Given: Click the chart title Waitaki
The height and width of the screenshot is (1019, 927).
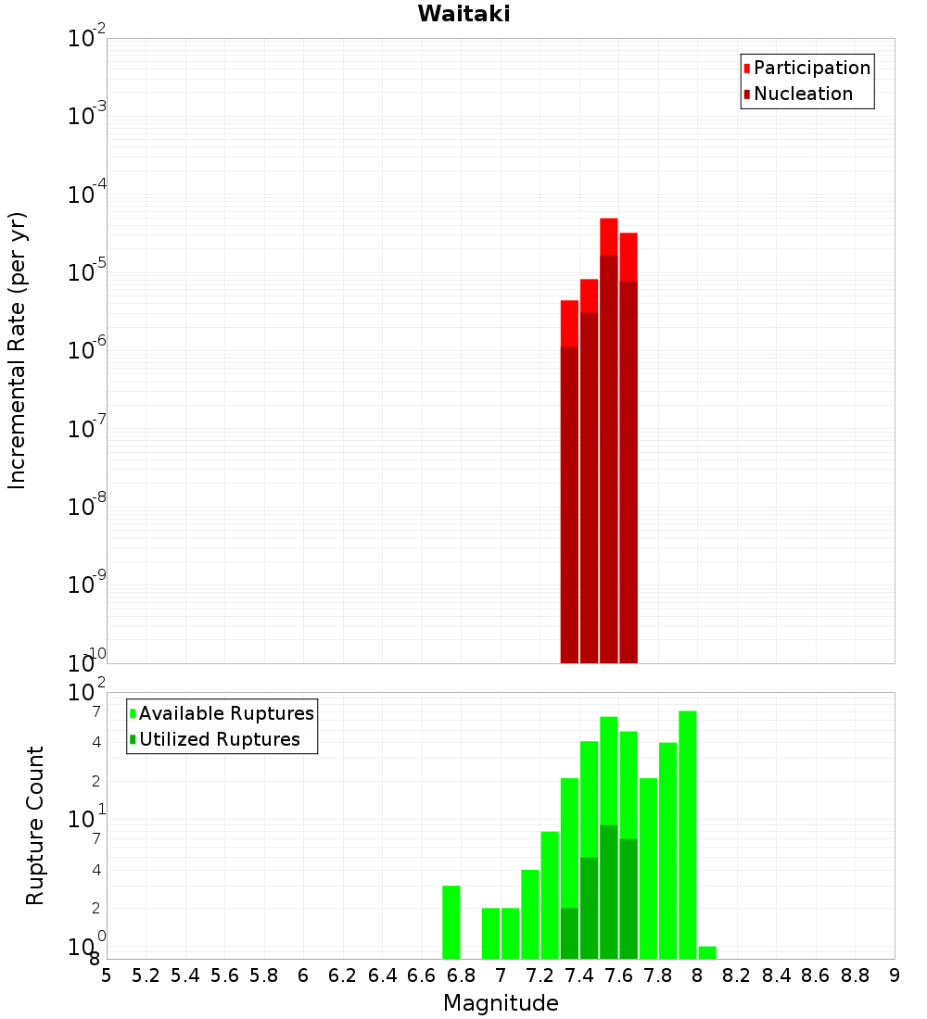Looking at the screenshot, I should [x=463, y=14].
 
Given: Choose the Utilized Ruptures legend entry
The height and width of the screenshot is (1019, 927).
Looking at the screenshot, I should [x=218, y=739].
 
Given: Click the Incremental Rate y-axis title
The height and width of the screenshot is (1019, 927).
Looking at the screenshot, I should [x=18, y=350].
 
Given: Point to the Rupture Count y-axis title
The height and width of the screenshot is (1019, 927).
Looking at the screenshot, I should [x=35, y=824].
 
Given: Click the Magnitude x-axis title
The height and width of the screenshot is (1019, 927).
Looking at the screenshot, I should [x=501, y=1003].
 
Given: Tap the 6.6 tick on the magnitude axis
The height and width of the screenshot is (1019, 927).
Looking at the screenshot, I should [x=422, y=975].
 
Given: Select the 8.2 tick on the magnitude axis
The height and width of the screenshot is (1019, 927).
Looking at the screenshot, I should [x=737, y=975].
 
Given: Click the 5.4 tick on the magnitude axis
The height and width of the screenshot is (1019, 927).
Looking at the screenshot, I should [x=185, y=975].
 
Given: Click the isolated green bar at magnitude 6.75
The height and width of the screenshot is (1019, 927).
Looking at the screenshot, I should [x=451, y=922].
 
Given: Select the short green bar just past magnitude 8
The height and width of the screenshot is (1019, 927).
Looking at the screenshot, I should [x=707, y=952].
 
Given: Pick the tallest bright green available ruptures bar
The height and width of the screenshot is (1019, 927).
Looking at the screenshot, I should [x=688, y=834].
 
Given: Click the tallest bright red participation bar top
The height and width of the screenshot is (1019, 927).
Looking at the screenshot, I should [x=609, y=235].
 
